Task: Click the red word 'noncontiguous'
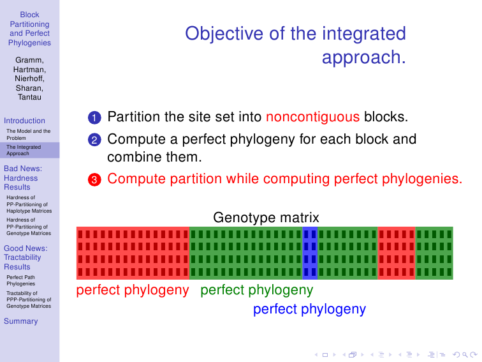(x=312, y=117)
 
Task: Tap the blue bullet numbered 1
(x=94, y=117)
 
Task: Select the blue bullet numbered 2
(x=94, y=140)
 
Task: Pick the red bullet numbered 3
(x=94, y=180)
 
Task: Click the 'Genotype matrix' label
(x=267, y=218)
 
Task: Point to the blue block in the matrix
(x=310, y=253)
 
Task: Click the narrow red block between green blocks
(x=396, y=253)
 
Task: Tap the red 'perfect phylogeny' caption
(x=133, y=290)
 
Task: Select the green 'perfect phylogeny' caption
(x=257, y=290)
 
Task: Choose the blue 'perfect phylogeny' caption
(x=310, y=310)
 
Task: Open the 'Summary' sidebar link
(x=21, y=321)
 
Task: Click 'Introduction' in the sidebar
(x=25, y=121)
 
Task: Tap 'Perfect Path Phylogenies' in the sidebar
(x=21, y=280)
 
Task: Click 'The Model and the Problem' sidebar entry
(x=29, y=135)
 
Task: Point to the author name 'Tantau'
(x=29, y=97)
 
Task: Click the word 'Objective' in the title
(x=224, y=34)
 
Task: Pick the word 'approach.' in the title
(x=364, y=57)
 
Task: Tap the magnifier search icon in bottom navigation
(x=465, y=354)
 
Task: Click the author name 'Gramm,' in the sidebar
(x=29, y=60)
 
